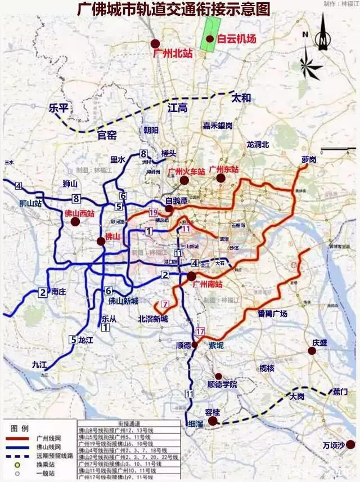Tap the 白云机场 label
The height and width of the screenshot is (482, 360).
(236, 39)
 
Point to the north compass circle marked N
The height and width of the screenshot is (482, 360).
(321, 39)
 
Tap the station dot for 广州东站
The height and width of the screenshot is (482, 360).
(220, 178)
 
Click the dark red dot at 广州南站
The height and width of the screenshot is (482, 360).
(192, 276)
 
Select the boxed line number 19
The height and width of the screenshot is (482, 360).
(154, 212)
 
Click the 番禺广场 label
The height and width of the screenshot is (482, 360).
(272, 314)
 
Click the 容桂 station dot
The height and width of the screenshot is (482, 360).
(213, 421)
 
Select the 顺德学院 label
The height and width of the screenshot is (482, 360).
(222, 385)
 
